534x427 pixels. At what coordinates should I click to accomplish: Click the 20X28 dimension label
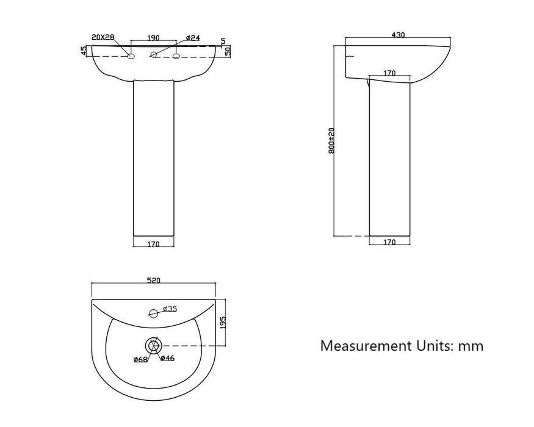[x=103, y=37]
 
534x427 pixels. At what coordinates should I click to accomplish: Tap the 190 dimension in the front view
[x=154, y=38]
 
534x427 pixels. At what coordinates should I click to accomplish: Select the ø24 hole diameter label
[x=192, y=38]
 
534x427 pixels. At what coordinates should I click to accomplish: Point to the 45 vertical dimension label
[x=84, y=51]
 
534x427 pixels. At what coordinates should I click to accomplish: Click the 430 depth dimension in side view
[x=397, y=35]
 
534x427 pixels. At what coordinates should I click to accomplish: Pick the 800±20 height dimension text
[x=331, y=140]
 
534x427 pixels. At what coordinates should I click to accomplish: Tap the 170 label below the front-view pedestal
[x=153, y=245]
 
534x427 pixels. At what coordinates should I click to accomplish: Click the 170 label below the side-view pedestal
[x=389, y=242]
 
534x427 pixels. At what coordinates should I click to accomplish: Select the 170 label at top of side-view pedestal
[x=389, y=73]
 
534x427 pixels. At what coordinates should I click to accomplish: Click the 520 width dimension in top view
[x=153, y=281]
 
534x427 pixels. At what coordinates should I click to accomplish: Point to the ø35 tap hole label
[x=170, y=309]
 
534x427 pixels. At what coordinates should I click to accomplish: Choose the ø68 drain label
[x=140, y=359]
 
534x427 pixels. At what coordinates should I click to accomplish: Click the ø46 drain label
[x=167, y=358]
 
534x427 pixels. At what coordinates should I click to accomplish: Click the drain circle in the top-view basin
[x=153, y=346]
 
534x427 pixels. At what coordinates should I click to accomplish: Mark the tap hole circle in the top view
[x=153, y=315]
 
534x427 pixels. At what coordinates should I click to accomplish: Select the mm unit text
[x=471, y=346]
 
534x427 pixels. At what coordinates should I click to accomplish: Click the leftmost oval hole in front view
[x=131, y=57]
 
